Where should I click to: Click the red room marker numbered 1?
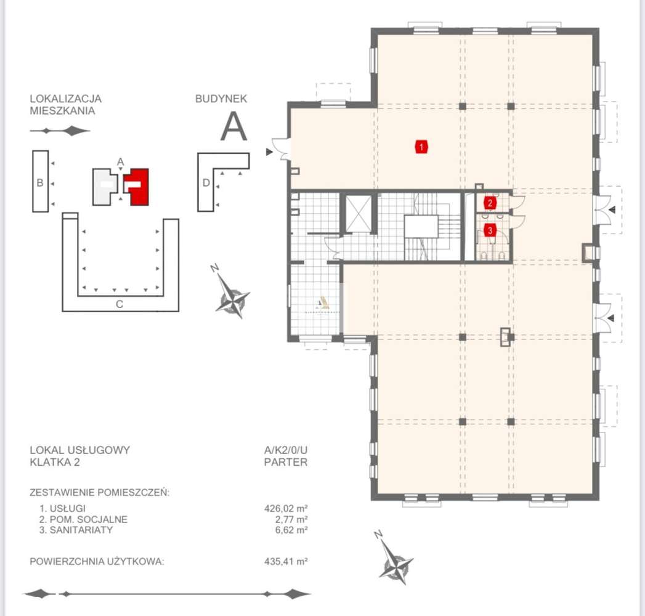[x=421, y=147]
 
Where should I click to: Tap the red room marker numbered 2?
[x=490, y=203]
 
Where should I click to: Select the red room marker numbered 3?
[x=490, y=231]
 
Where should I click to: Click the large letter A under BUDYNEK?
[x=234, y=128]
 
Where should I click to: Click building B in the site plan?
[x=40, y=182]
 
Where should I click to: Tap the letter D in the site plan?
[x=207, y=183]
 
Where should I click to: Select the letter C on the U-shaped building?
[x=120, y=304]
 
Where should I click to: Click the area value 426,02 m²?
[x=285, y=509]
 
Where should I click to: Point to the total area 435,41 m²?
[x=285, y=561]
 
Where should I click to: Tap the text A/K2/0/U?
[x=285, y=450]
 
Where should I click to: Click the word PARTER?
[x=285, y=462]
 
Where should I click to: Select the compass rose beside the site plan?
[x=233, y=296]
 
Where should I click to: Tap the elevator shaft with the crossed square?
[x=357, y=213]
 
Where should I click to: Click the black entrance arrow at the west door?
[x=269, y=152]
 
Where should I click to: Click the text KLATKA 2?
[x=55, y=462]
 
